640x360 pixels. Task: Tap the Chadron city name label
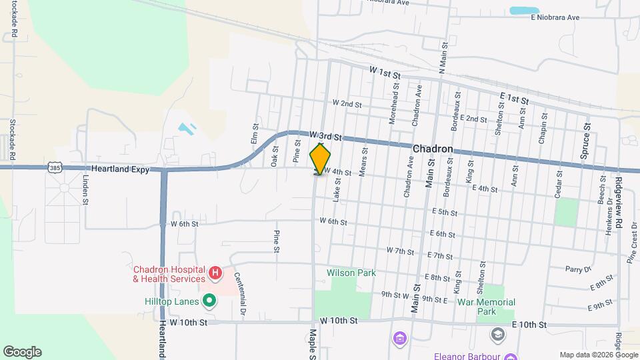433,149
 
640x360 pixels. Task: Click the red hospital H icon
215,272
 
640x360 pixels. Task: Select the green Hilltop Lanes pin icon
209,301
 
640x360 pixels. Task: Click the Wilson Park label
351,273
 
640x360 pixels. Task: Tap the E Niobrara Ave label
555,17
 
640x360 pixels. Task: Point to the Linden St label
85,191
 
